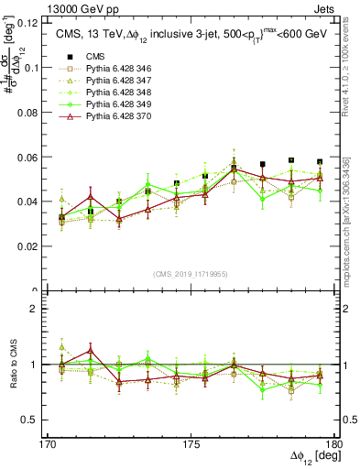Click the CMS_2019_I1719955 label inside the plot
click(x=191, y=273)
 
